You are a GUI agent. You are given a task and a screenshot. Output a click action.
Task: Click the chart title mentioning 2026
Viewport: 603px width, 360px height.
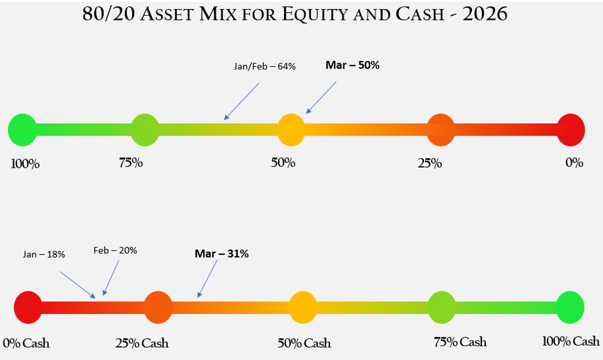coord(295,14)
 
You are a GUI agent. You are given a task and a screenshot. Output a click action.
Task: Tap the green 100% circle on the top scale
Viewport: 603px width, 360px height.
coord(22,130)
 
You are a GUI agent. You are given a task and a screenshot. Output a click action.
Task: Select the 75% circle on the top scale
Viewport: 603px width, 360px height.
coord(145,130)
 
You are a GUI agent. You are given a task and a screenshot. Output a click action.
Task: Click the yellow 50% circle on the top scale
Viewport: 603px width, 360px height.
coord(291,130)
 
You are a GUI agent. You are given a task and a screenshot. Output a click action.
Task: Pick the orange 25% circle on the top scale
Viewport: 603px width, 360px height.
coord(440,130)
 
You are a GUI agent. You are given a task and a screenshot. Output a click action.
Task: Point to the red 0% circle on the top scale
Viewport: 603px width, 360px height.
coord(570,130)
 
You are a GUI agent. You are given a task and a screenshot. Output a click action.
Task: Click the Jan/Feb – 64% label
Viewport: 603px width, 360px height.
coord(265,66)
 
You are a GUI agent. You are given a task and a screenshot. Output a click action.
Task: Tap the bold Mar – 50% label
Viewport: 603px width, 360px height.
coord(352,65)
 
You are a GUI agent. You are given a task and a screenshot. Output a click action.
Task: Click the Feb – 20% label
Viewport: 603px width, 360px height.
coord(115,250)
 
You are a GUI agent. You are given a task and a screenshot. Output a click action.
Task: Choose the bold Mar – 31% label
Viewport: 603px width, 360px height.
coord(221,254)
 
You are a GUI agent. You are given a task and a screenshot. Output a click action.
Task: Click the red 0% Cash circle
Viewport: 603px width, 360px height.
coord(28,306)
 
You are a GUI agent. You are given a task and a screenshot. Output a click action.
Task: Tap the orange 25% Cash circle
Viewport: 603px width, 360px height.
coord(158,306)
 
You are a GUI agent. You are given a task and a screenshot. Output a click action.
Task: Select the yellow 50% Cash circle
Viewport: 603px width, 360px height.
coord(303,307)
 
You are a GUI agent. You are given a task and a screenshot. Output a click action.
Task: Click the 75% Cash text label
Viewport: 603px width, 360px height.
coord(459,342)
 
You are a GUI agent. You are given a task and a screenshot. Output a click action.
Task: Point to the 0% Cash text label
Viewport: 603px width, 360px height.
coord(26,344)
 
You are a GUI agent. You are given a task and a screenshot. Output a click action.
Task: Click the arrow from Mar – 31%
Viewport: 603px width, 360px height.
coord(207,279)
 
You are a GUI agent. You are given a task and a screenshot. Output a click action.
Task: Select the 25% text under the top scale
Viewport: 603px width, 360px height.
coord(429,163)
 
